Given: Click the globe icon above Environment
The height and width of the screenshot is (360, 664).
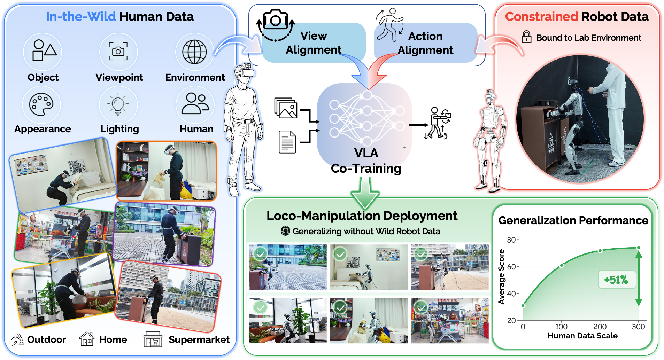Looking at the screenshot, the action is (194, 52).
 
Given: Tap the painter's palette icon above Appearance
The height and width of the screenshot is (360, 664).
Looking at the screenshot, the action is (41, 104).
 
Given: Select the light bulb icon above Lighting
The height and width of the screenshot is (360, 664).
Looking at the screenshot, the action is (118, 104).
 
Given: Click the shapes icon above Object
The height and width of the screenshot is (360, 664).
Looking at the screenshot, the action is (44, 50).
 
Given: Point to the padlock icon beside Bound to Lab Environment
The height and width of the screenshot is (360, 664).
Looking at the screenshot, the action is (526, 37).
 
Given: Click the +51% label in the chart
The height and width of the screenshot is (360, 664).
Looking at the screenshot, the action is (616, 280).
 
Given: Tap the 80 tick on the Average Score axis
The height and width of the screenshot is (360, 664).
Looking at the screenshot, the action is (511, 240).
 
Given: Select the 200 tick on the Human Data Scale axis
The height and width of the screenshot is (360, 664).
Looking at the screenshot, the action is (600, 327).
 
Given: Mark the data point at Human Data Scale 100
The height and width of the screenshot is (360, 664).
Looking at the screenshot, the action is (562, 266).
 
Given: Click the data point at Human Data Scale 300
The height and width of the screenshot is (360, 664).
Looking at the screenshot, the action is (639, 248).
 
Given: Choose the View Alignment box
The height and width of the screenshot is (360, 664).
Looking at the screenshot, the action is (314, 43).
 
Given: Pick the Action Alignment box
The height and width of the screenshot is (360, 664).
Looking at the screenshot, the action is (425, 43).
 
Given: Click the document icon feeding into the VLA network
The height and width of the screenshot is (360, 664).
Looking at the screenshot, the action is (287, 142).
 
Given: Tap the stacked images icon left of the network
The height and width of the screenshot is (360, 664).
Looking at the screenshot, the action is (286, 108).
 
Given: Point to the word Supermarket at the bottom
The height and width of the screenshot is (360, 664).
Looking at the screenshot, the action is (199, 339).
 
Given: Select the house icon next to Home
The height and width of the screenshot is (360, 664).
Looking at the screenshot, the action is (87, 339).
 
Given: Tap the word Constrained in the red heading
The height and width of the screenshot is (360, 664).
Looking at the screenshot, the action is (541, 16).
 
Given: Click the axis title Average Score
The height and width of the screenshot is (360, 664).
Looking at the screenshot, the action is (501, 277).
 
